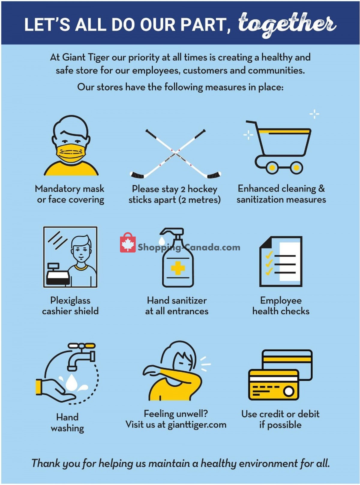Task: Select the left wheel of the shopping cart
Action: (272, 167)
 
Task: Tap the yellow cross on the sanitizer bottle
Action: (178, 268)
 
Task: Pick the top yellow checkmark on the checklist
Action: (269, 255)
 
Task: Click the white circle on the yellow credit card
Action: (289, 391)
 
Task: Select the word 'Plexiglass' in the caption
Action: (70, 301)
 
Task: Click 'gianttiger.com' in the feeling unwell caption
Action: (197, 425)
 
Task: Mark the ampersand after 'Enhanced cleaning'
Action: (321, 188)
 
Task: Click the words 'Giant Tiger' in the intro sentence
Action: (86, 58)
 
